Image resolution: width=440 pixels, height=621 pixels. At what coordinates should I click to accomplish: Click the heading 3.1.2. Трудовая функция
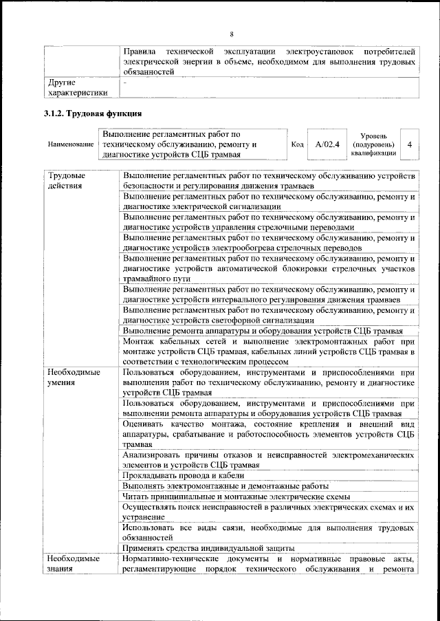(93, 113)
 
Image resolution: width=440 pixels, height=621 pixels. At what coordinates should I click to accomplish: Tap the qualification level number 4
(410, 145)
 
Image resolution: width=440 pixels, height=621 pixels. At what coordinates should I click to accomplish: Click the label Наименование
(71, 145)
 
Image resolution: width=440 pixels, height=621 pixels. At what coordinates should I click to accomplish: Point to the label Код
(297, 145)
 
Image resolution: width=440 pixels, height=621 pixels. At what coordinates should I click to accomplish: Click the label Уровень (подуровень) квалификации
(373, 145)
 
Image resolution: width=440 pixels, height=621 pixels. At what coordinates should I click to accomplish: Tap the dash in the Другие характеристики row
(125, 83)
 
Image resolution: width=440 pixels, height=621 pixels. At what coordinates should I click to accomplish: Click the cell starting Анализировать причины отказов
(268, 459)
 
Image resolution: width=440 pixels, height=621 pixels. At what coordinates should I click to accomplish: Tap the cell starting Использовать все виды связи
(268, 532)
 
